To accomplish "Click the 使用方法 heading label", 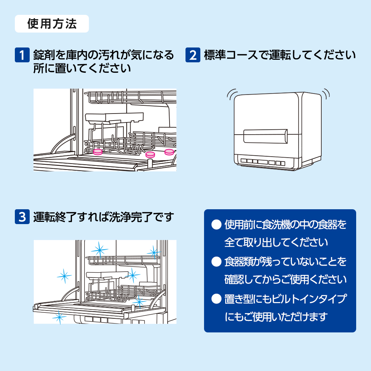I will coord(52,24).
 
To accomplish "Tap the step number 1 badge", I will coord(22,55).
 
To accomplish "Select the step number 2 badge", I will coord(193,55).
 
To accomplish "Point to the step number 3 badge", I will coord(22,217).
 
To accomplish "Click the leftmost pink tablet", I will coord(98,151).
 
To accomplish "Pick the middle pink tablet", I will coord(150,154).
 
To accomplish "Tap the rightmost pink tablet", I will coord(169,151).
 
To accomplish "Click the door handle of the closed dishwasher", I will coord(265,135).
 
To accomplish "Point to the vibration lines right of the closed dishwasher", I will coord(326,93).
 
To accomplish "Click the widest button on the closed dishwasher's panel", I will coord(262,162).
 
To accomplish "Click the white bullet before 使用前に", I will coord(216,225).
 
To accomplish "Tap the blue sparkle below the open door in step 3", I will coord(59,317).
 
